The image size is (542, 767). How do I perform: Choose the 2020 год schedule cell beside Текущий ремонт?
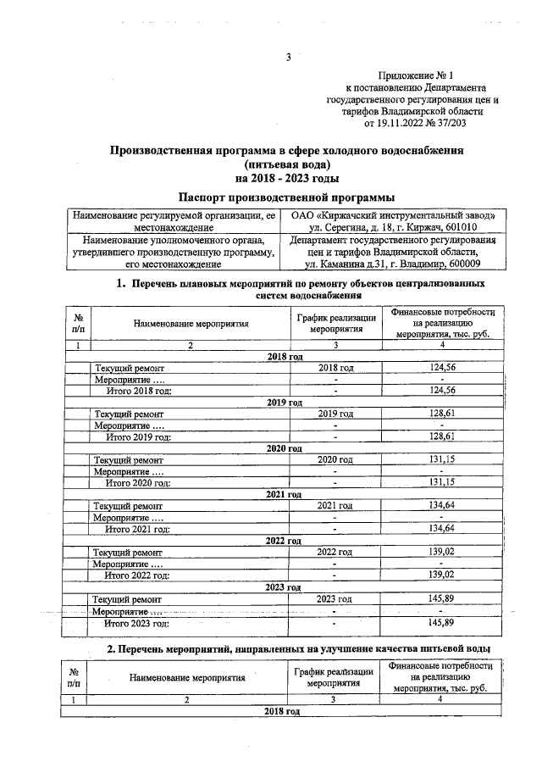point(335,459)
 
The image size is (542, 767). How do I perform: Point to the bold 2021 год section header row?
point(284,494)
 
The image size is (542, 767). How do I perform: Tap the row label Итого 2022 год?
point(137,575)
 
